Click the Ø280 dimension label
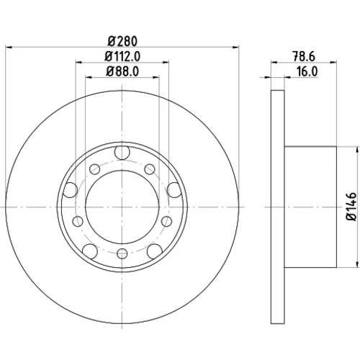pyautogui.click(x=122, y=41)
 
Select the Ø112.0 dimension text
pyautogui.click(x=122, y=57)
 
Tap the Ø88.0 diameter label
pyautogui.click(x=122, y=71)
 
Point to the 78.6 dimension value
pyautogui.click(x=304, y=57)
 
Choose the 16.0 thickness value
pyautogui.click(x=307, y=71)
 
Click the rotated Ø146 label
pyautogui.click(x=351, y=207)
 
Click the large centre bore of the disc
pyautogui.click(x=122, y=207)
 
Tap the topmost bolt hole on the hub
pyautogui.click(x=122, y=152)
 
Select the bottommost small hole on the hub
pyautogui.click(x=122, y=253)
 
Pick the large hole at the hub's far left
pyautogui.click(x=70, y=190)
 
